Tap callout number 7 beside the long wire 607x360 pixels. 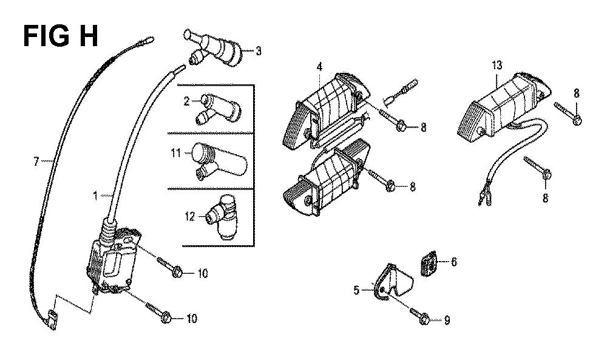pyautogui.click(x=36, y=161)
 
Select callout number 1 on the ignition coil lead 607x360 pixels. pyautogui.click(x=95, y=196)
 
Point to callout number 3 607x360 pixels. pyautogui.click(x=258, y=51)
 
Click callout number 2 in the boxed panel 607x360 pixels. pyautogui.click(x=186, y=101)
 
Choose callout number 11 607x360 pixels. pyautogui.click(x=176, y=153)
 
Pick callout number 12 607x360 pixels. pyautogui.click(x=189, y=216)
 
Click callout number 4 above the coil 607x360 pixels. pyautogui.click(x=319, y=67)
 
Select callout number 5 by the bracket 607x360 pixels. pyautogui.click(x=356, y=290)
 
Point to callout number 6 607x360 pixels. pyautogui.click(x=453, y=262)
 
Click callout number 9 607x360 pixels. pyautogui.click(x=447, y=321)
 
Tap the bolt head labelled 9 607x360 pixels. pyautogui.click(x=424, y=318)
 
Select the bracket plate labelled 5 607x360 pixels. pyautogui.click(x=392, y=281)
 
